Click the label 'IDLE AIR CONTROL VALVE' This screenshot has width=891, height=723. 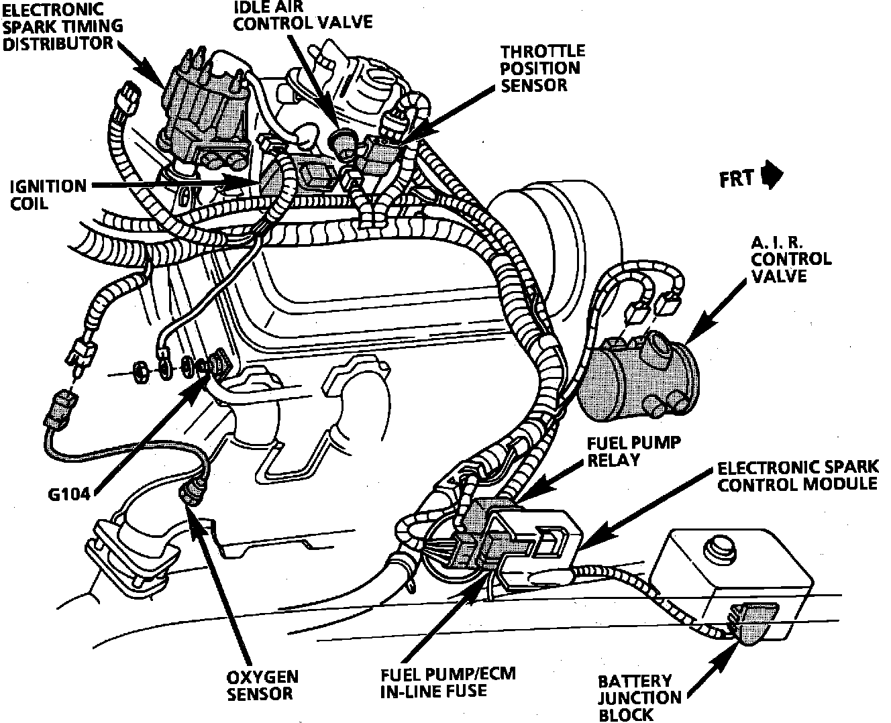pos(303,15)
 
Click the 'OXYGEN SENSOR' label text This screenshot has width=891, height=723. pos(262,684)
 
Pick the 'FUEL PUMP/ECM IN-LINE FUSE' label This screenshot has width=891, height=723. pos(448,681)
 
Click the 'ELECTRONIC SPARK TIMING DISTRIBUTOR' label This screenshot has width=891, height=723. pos(62,27)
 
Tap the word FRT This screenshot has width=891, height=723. pos(737,180)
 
